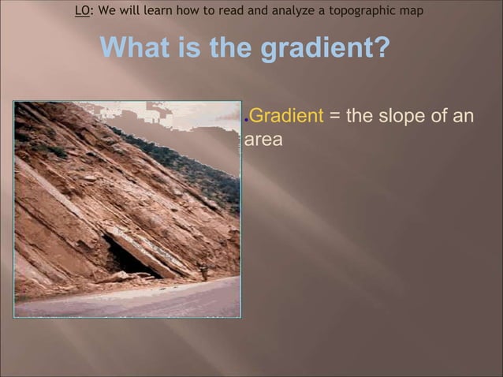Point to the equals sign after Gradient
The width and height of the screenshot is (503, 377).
334,117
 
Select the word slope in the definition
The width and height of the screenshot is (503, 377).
400,116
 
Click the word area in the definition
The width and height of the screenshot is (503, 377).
263,140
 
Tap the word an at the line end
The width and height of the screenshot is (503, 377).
464,117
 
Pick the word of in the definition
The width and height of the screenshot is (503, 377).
438,116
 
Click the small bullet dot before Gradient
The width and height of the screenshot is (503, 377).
247,118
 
